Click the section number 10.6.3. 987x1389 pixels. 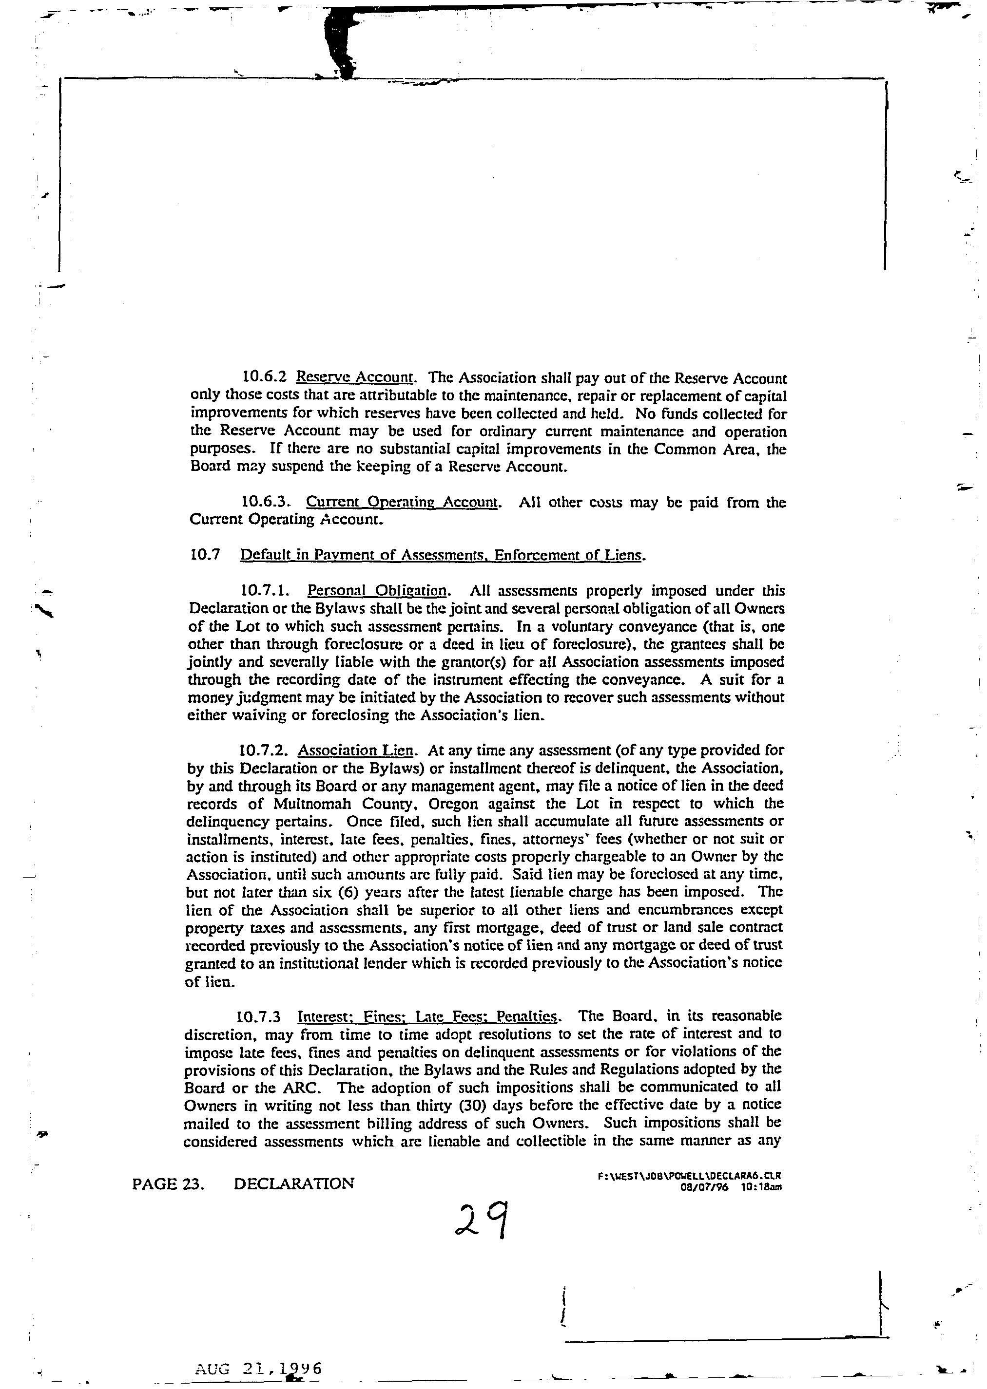click(266, 502)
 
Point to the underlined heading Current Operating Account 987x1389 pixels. click(402, 502)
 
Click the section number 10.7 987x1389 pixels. click(204, 555)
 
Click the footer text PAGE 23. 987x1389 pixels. click(168, 1183)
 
